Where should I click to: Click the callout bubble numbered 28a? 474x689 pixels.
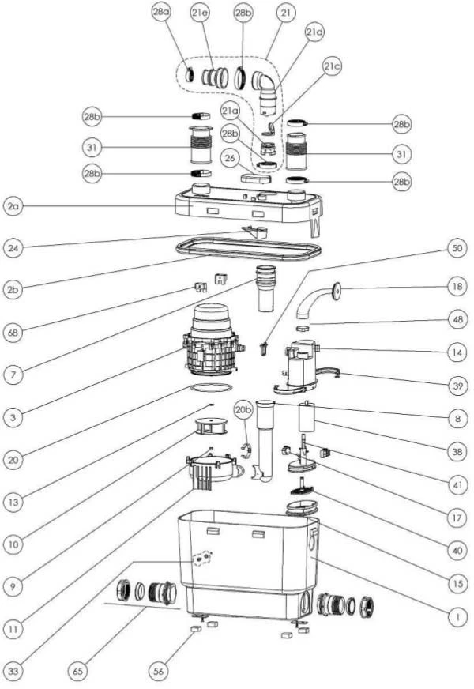[161, 13]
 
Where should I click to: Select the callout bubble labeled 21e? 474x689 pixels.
[200, 13]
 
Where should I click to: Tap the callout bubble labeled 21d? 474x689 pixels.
[314, 32]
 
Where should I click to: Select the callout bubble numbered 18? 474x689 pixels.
[456, 285]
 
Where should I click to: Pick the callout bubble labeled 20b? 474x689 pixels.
[243, 409]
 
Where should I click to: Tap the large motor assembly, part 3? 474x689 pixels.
[211, 340]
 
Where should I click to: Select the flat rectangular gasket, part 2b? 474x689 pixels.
[249, 248]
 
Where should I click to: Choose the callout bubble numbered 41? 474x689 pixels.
[456, 480]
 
